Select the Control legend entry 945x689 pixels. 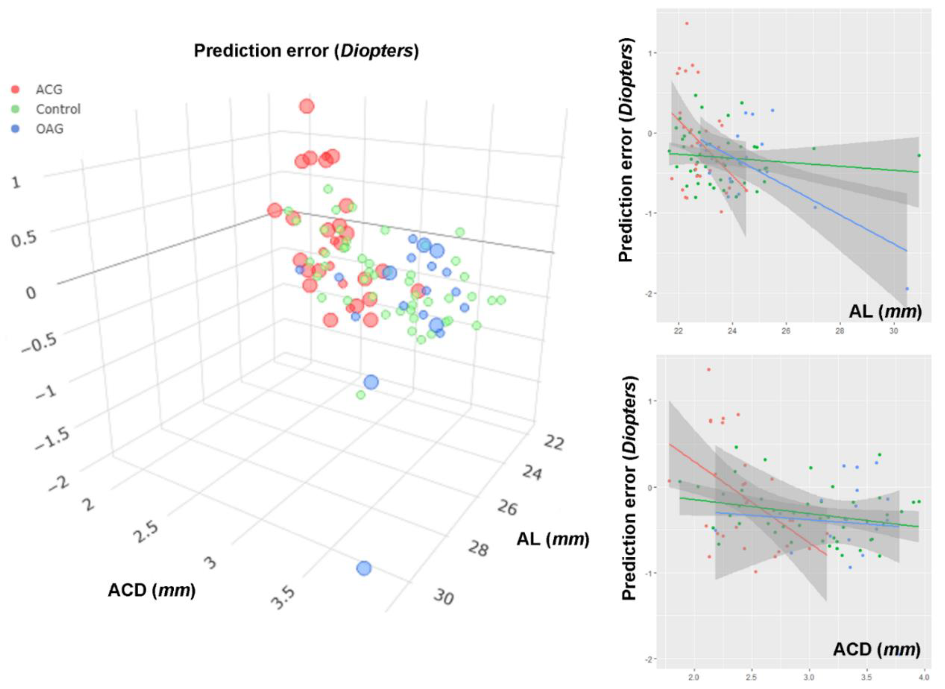click(58, 109)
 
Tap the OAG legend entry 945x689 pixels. click(49, 129)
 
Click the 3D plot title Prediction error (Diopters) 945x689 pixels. click(306, 51)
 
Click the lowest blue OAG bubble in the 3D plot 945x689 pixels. click(364, 568)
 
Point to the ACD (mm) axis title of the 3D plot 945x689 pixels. click(152, 590)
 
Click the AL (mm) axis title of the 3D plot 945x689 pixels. click(553, 539)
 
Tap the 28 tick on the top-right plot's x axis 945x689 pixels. click(839, 331)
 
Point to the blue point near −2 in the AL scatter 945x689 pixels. click(907, 289)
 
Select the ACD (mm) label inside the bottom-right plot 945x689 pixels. click(877, 649)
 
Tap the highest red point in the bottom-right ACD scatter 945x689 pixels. click(708, 369)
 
